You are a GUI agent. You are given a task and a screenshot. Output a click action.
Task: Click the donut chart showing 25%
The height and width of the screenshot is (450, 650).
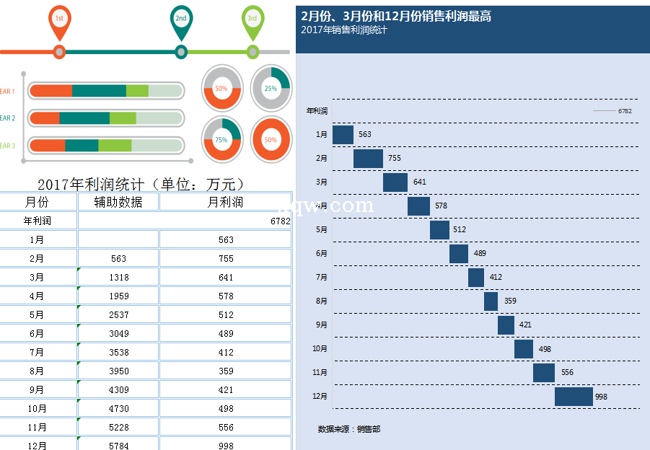pos(271,88)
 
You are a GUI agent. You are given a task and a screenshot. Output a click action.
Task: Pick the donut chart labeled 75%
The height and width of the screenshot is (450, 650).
pos(221,139)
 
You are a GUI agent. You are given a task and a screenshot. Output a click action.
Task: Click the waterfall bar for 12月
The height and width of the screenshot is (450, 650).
pos(574,397)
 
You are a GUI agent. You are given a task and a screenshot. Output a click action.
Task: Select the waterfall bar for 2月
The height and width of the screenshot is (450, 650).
pos(368,159)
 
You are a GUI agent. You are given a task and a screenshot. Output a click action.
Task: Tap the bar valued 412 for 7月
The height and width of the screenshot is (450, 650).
pos(476,278)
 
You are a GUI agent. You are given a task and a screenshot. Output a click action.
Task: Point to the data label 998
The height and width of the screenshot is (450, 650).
pos(601,397)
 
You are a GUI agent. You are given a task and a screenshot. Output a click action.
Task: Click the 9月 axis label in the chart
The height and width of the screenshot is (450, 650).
pos(322,325)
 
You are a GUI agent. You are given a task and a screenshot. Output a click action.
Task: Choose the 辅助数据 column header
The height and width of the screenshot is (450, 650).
pos(118,202)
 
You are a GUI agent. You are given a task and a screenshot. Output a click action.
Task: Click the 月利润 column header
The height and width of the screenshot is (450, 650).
pos(225,202)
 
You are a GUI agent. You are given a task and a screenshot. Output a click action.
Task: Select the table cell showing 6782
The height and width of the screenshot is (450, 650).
pos(280,221)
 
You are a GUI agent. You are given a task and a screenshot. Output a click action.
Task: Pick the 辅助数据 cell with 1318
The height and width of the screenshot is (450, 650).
pos(119,278)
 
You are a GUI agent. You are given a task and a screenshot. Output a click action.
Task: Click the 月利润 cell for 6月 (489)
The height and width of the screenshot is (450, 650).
pos(226,334)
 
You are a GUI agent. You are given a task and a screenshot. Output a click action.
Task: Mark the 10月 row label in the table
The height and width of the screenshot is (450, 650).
pos(37,409)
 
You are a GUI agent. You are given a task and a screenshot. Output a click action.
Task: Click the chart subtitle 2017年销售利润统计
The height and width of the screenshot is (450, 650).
pos(344,30)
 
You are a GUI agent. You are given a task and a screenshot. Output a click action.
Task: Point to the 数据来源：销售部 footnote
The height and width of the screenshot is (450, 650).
pos(349,429)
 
